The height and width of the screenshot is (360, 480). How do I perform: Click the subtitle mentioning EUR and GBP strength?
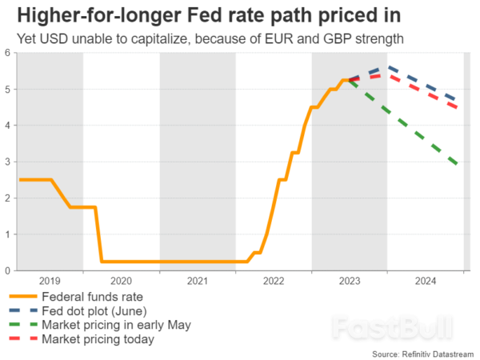[x=214, y=38]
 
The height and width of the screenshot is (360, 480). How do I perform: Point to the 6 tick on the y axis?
[x=7, y=53]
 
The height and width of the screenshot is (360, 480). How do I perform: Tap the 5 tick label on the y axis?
[x=7, y=90]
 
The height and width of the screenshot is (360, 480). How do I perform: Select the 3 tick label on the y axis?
[x=7, y=162]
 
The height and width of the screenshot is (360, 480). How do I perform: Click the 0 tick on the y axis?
[x=7, y=270]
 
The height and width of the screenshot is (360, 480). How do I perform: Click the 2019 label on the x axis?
[x=50, y=282]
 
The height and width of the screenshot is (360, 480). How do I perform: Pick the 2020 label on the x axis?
[x=121, y=282]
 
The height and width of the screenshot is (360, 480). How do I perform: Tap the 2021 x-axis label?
[x=198, y=282]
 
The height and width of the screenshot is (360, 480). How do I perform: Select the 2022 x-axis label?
[x=274, y=282]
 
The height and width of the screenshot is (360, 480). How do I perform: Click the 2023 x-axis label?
[x=350, y=282]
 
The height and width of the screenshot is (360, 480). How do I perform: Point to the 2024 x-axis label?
[x=426, y=282]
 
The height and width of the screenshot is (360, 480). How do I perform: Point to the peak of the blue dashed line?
[x=386, y=67]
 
